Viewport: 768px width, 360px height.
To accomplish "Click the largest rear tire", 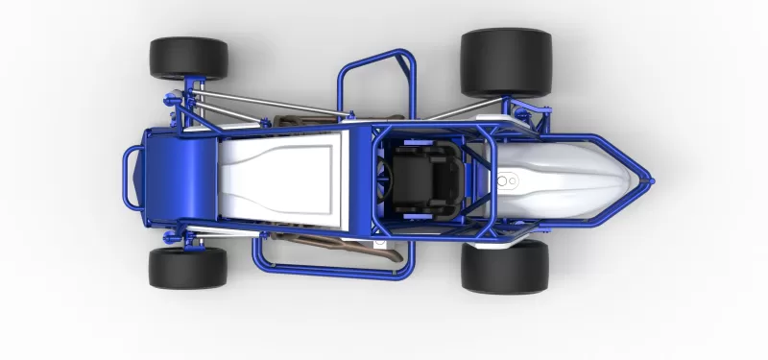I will coord(506,62).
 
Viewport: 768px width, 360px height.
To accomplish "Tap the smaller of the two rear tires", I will coord(504,266).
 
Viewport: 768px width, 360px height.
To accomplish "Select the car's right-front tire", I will coord(188,59).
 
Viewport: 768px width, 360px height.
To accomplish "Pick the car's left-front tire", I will coord(187,268).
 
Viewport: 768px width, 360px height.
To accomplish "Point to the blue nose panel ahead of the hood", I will coord(178,178).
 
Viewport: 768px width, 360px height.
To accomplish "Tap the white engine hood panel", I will coord(278,178).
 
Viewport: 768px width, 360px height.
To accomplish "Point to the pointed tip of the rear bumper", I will coord(648,180).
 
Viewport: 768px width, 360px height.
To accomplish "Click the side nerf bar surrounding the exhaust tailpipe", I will coord(326,269).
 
